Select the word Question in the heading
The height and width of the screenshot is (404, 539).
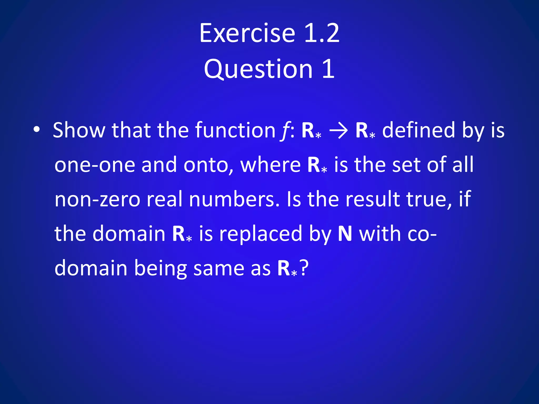pyautogui.click(x=258, y=69)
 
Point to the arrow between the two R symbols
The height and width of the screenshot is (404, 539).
pyautogui.click(x=338, y=130)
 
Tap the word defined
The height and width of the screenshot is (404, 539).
pyautogui.click(x=418, y=130)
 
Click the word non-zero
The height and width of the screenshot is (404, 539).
pyautogui.click(x=97, y=199)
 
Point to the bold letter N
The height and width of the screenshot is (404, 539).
pyautogui.click(x=345, y=234)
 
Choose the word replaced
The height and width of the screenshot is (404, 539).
pyautogui.click(x=261, y=234)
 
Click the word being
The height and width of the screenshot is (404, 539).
pyautogui.click(x=161, y=268)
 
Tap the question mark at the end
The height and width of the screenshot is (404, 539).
pyautogui.click(x=304, y=268)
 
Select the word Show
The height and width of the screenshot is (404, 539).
pyautogui.click(x=79, y=130)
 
